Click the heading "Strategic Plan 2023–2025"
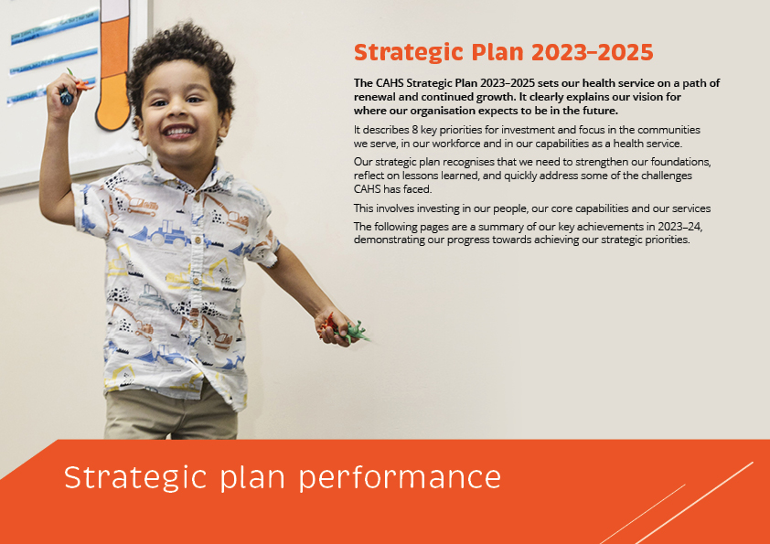(503, 52)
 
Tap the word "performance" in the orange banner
(400, 478)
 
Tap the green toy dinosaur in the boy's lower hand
(355, 333)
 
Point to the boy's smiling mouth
(179, 131)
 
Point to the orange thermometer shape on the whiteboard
(114, 66)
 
